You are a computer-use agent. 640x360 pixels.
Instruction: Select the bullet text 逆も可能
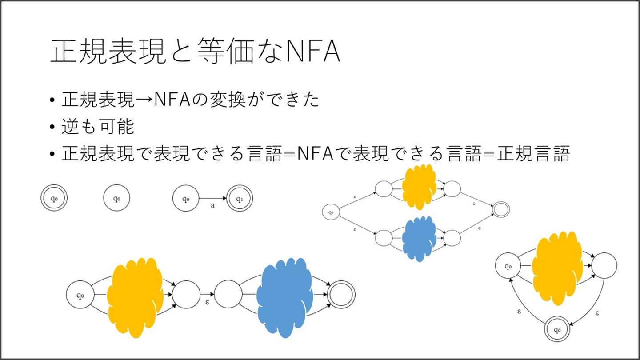point(98,127)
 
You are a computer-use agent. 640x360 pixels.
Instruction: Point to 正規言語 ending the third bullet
point(533,154)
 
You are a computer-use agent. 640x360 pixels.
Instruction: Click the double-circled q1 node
point(239,198)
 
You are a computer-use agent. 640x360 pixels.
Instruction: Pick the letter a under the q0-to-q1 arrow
point(212,206)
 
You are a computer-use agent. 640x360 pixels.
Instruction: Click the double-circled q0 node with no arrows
point(54,198)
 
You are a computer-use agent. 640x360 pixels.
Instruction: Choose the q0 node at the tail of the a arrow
point(186,198)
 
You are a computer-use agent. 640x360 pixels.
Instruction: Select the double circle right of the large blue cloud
point(341,295)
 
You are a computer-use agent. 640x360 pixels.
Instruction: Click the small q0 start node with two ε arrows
point(331,213)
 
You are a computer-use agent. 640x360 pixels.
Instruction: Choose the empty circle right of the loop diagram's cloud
point(604,266)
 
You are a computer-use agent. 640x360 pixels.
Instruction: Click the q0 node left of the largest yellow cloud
point(80,295)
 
